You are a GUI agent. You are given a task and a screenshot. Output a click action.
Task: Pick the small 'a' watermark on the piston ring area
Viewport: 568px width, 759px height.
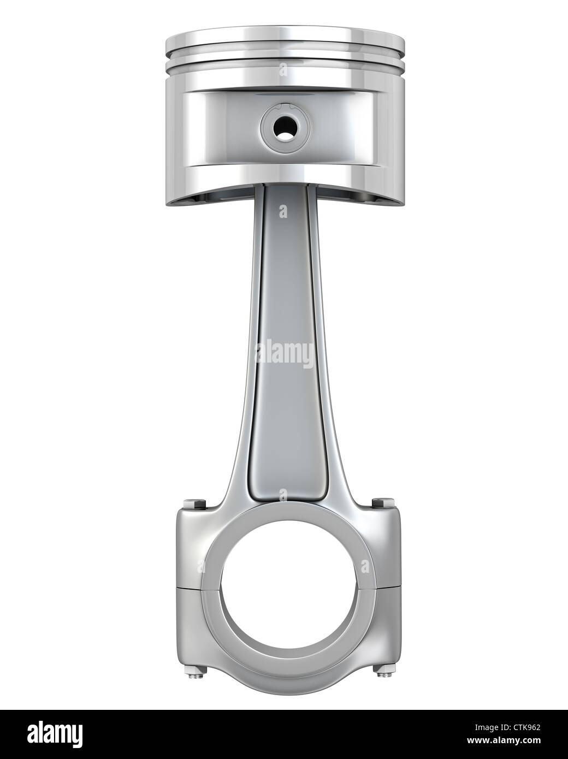click(x=282, y=70)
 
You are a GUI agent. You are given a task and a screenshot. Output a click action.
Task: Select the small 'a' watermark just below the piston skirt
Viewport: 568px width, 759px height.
click(x=282, y=211)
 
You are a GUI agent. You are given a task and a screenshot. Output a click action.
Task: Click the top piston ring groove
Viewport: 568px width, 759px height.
click(x=284, y=55)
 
